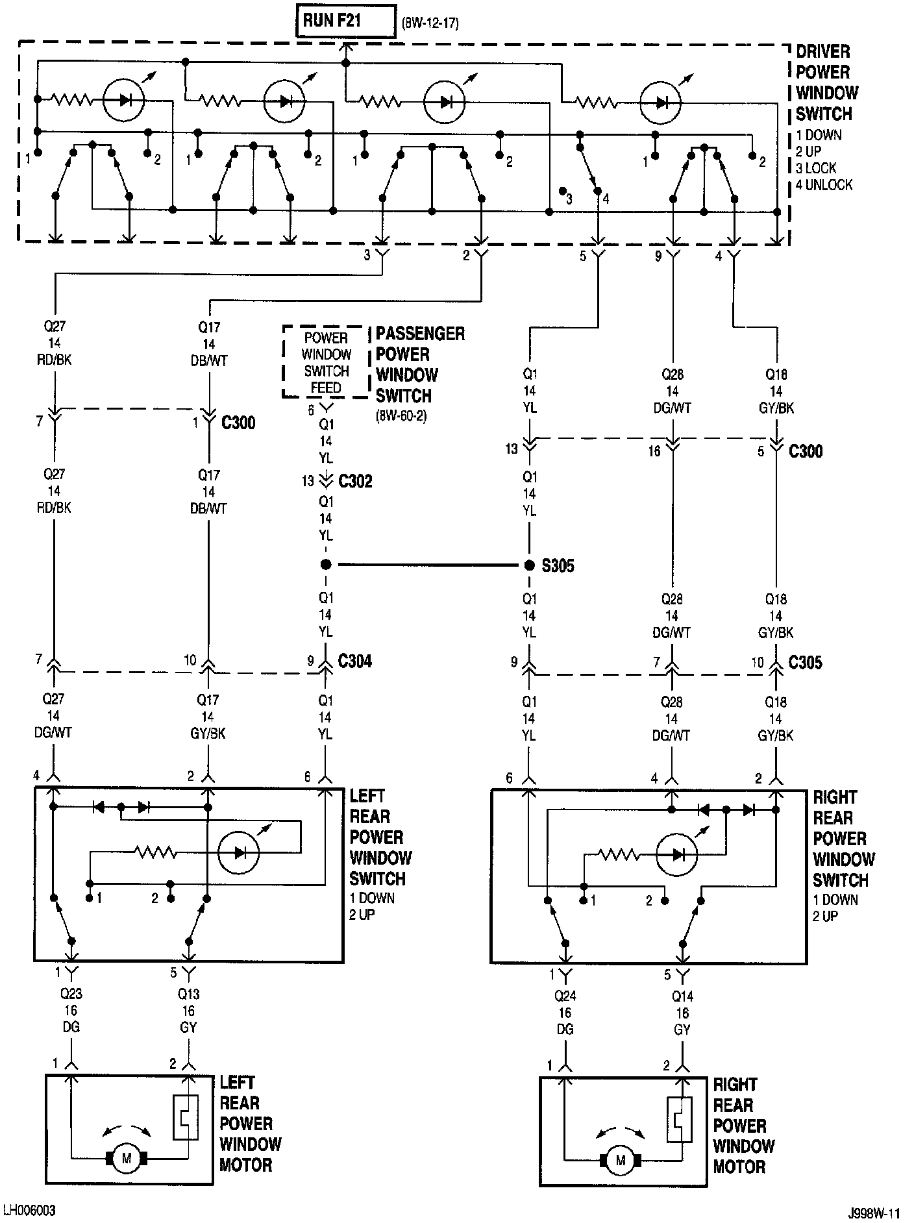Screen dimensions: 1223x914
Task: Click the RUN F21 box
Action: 345,21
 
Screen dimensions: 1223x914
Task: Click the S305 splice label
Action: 558,566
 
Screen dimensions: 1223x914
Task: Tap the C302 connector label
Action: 355,482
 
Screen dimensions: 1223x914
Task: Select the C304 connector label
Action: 355,661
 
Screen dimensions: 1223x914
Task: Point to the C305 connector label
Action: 805,663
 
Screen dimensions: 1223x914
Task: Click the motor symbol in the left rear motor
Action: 127,1157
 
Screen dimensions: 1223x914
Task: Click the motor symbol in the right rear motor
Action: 621,1160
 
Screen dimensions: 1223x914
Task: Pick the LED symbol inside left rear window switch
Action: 238,852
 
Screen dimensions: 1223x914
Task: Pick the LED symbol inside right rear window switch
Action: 676,854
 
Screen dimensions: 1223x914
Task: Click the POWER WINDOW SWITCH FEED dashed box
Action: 327,362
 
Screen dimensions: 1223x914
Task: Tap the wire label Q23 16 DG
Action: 71,1010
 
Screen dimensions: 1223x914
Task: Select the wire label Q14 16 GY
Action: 683,1013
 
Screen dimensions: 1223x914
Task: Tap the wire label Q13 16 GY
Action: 189,1010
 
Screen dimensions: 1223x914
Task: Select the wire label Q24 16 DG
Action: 565,1013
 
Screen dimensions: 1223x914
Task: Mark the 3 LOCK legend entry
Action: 816,168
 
